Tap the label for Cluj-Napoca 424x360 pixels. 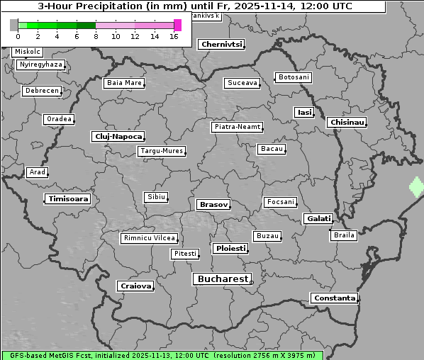(118, 136)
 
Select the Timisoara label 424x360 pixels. (69, 199)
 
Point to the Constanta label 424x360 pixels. (335, 298)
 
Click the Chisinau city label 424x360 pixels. (347, 123)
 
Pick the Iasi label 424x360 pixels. (304, 113)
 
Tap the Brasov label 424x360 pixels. (213, 205)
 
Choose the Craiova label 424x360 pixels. (135, 286)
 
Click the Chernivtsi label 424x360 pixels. (222, 44)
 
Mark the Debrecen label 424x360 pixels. (41, 91)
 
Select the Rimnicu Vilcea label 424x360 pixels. (150, 238)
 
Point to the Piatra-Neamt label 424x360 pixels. (238, 127)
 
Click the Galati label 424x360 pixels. (318, 219)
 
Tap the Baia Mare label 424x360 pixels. (124, 83)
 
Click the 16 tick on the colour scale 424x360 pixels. (174, 36)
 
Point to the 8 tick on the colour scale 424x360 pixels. (96, 36)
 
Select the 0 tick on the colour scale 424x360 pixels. (18, 36)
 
